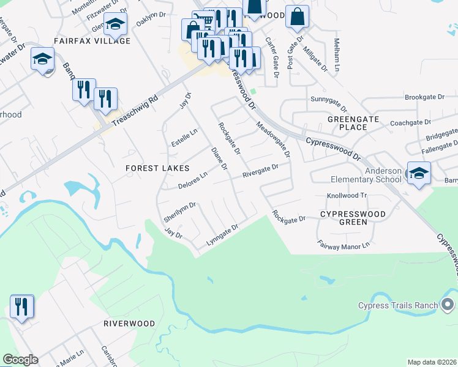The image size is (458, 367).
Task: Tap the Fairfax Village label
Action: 92,40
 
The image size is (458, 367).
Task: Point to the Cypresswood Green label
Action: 353,218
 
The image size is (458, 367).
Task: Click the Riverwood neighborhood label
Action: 129,322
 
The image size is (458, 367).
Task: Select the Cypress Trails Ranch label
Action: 399,305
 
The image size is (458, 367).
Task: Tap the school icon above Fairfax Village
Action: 114,24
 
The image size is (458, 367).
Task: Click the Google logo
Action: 20,360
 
